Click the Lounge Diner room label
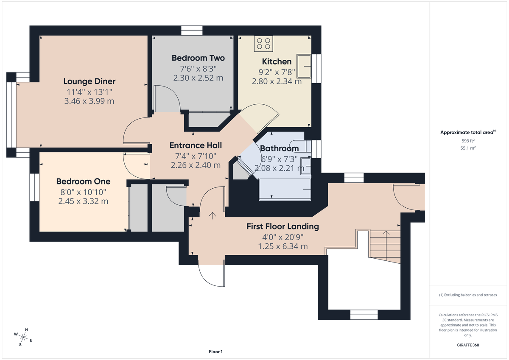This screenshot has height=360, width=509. tap(89, 81)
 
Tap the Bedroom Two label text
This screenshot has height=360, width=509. tap(198, 58)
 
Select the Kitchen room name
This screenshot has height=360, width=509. tap(277, 61)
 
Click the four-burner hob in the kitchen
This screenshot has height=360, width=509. tap(263, 43)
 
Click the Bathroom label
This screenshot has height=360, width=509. tap(279, 148)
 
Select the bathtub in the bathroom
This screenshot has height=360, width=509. tap(285, 188)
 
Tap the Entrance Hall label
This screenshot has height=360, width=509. tap(196, 145)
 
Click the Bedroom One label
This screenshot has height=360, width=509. tap(83, 181)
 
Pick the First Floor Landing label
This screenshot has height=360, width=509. tap(282, 226)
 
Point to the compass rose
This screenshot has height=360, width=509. tap(23, 338)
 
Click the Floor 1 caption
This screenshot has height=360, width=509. tap(215, 352)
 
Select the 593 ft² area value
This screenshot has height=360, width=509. tap(468, 141)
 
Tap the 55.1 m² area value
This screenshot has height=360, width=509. tap(468, 148)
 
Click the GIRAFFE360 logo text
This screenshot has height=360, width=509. tap(468, 345)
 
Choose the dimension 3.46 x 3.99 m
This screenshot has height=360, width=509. tap(89, 101)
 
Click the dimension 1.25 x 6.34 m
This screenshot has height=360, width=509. tap(282, 246)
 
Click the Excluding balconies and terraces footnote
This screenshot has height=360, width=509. tap(468, 295)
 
